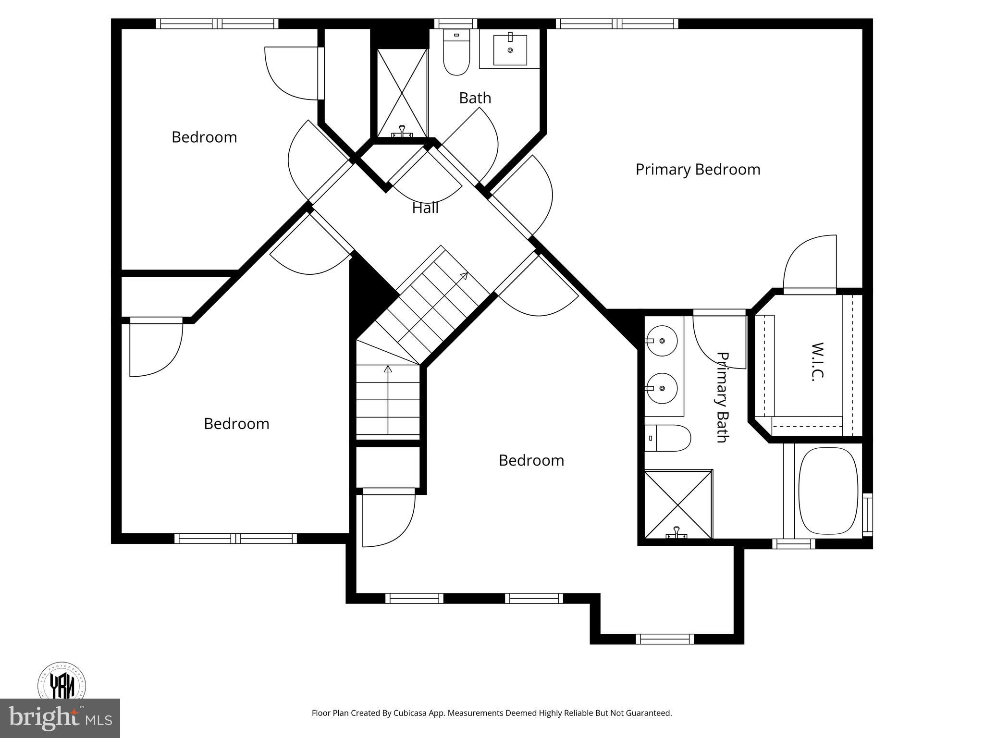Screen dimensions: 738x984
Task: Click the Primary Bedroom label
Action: (x=698, y=170)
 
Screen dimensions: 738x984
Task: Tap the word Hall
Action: (x=425, y=208)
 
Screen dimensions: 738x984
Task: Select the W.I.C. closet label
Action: (x=817, y=362)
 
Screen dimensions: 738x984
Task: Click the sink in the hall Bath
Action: (x=510, y=49)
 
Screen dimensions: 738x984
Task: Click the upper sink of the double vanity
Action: (x=662, y=341)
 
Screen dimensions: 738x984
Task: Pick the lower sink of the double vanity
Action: (x=662, y=388)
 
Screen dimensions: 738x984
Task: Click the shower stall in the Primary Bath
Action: (x=677, y=504)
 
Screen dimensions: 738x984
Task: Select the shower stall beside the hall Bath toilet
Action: (x=402, y=93)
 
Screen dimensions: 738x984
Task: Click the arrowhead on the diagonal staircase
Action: (x=464, y=276)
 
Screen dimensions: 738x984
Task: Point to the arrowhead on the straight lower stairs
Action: (x=388, y=369)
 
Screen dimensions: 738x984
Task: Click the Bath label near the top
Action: (x=475, y=98)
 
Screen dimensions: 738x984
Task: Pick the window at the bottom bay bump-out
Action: (x=665, y=639)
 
